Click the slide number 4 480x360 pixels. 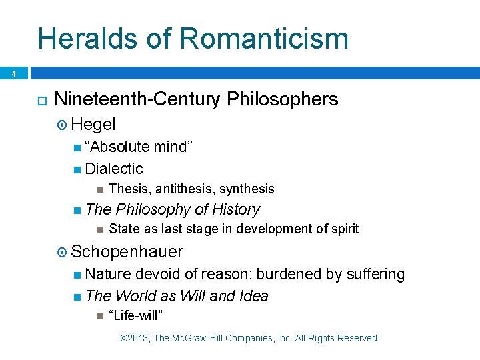pos(13,74)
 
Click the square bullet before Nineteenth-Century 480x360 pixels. pos(41,100)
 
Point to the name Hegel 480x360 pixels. pos(93,124)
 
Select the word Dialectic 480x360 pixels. pos(114,169)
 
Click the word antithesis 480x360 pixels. pos(183,189)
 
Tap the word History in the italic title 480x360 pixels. pos(236,209)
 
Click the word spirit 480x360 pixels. pos(343,229)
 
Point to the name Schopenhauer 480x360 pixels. pos(127,251)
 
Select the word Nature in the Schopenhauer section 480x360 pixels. pos(108,274)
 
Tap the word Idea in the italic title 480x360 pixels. pos(253,295)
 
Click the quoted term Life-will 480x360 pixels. pos(136,315)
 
